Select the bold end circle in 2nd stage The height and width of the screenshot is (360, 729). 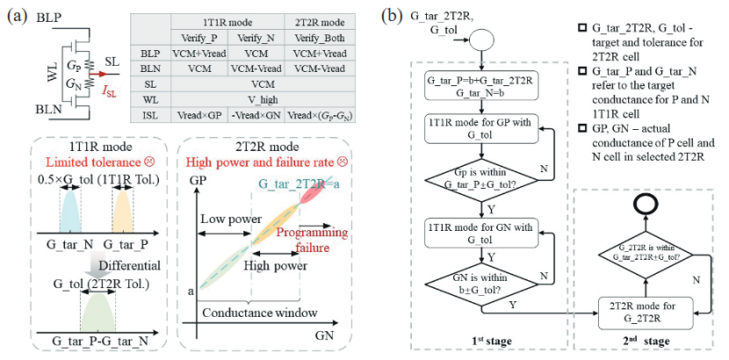[x=646, y=205]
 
